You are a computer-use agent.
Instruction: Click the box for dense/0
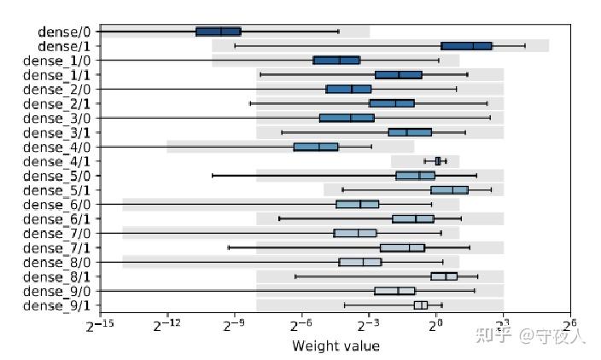coord(219,32)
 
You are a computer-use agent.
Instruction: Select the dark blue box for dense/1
coord(467,46)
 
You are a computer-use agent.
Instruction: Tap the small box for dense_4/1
coord(438,160)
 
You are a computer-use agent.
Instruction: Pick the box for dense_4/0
coord(316,147)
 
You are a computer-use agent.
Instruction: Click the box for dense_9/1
coord(421,305)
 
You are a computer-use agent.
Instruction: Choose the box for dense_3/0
coord(347,118)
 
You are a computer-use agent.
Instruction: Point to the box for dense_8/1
coord(444,276)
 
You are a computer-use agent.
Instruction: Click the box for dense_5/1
coord(449,189)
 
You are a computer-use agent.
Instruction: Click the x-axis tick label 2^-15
coord(100,326)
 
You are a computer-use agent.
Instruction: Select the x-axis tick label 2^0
coord(435,326)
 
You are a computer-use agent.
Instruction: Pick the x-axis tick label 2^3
coord(502,326)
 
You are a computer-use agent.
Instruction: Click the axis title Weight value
coord(336,345)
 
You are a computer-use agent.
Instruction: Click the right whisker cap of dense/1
coord(525,46)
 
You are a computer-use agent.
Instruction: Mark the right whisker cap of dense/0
coord(338,32)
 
